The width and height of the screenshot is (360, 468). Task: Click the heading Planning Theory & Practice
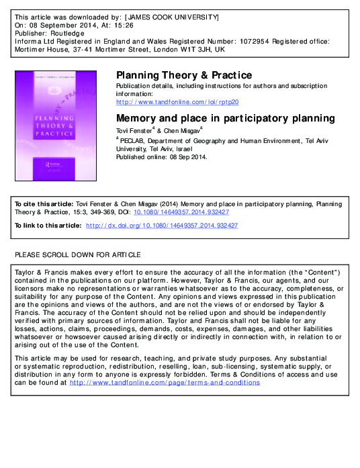[184, 75]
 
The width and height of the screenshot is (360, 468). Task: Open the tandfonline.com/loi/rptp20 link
[177, 101]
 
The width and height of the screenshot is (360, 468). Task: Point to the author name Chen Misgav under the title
[187, 130]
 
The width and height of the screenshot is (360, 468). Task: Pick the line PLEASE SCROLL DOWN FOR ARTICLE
[78, 254]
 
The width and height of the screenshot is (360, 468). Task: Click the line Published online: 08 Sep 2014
[162, 158]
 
